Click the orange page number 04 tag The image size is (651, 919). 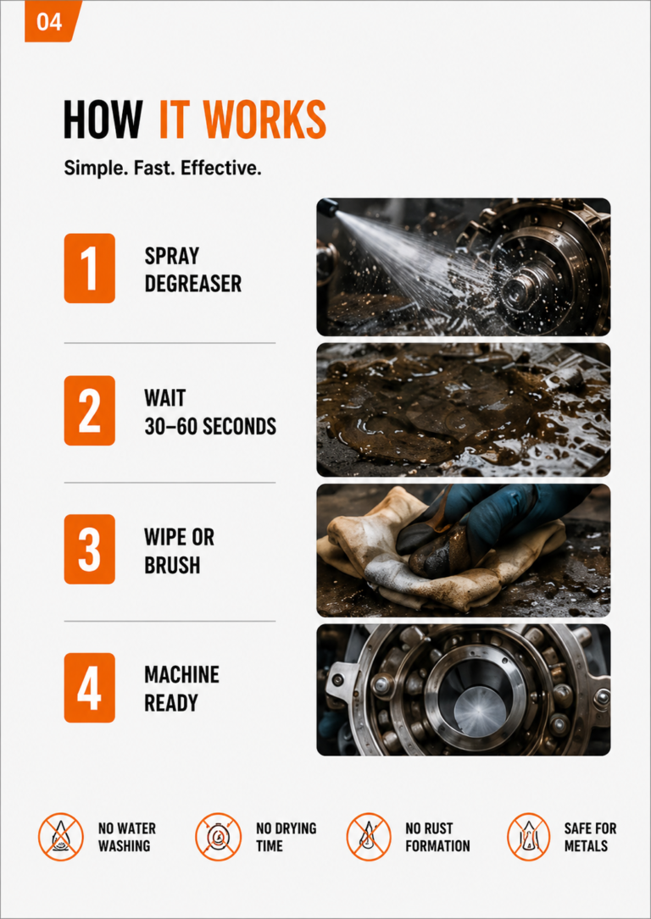pos(53,21)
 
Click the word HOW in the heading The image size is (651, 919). pos(102,119)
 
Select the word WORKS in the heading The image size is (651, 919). pos(268,119)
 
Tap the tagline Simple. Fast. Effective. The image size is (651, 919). pos(162,169)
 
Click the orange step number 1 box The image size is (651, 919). pos(89,268)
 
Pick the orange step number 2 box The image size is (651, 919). pos(89,410)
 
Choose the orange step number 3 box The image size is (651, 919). pos(89,549)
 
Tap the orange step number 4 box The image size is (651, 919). pos(89,688)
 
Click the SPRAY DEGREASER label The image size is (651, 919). pos(192,269)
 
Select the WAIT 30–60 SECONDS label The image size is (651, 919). pos(210,412)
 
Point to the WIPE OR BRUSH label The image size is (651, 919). pos(179,551)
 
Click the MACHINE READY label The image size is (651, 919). pos(181,689)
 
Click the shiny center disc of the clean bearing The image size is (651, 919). pos(479,710)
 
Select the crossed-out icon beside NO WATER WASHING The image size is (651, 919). pos(61,836)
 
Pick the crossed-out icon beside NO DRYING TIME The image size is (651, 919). pos(218,836)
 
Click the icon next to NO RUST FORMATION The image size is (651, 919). pos(369,836)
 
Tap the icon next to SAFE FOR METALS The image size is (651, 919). pos(528,836)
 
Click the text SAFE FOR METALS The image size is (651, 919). pos(590,837)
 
